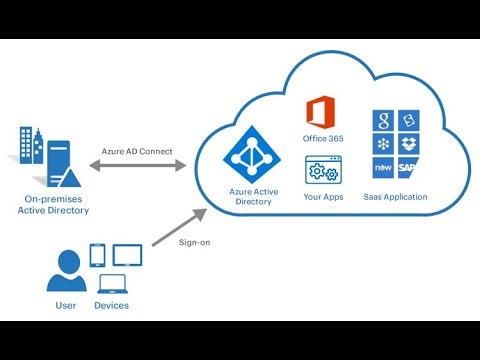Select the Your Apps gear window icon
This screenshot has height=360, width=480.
point(322,169)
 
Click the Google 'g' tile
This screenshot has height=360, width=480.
point(383,123)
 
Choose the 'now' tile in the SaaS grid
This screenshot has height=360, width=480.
point(383,167)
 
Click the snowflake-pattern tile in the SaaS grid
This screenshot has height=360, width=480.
point(383,145)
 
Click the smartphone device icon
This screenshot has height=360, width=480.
point(97,255)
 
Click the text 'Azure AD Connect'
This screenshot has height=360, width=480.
point(137,151)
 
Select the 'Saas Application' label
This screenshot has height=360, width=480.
point(395,197)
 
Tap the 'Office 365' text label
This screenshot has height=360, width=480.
point(322,139)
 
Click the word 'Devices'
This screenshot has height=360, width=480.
point(110,304)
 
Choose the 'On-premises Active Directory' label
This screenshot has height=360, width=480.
point(56,205)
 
